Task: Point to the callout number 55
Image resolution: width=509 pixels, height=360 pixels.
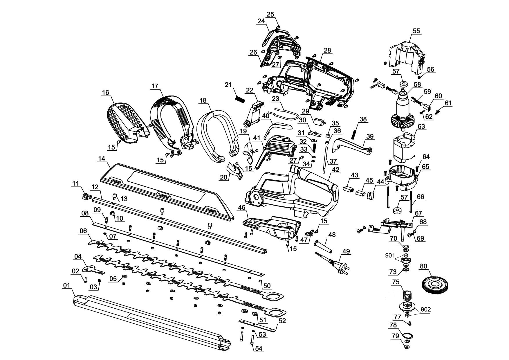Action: point(416,31)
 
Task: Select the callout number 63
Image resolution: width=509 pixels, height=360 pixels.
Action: point(421,127)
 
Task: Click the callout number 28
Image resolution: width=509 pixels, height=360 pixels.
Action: point(327,50)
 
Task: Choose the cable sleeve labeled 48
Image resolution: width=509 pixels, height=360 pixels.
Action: point(325,246)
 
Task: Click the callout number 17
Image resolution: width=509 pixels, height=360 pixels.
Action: point(155,86)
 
